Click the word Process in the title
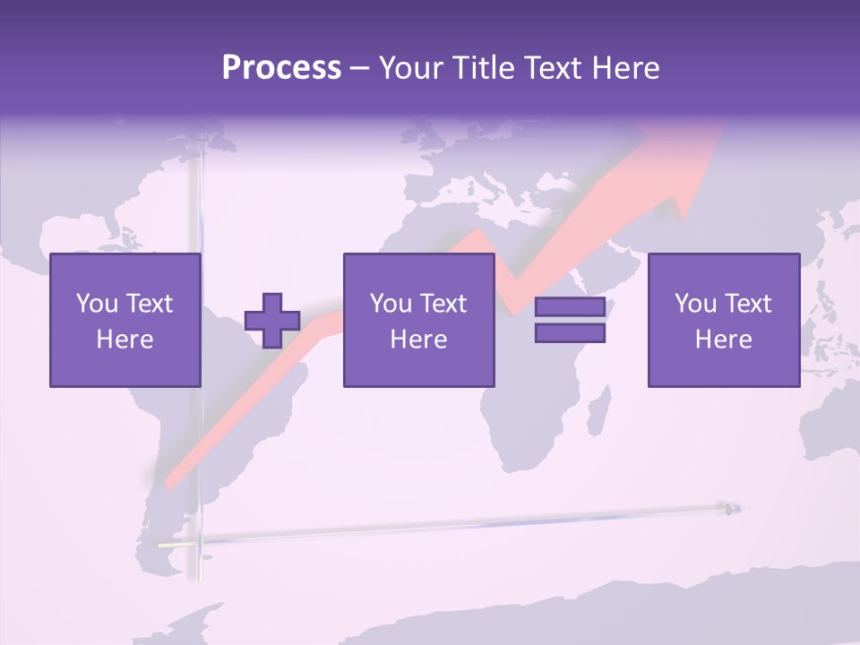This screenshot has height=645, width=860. point(281,68)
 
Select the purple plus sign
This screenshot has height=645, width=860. point(272,321)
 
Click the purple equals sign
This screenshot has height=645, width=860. point(570,320)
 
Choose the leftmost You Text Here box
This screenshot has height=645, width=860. point(125,320)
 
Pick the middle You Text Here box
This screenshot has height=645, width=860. point(418,320)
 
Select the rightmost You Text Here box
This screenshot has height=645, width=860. point(723,320)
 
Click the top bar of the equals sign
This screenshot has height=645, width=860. point(570,307)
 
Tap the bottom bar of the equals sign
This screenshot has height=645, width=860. point(570,332)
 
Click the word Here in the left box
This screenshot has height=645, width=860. point(125,340)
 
